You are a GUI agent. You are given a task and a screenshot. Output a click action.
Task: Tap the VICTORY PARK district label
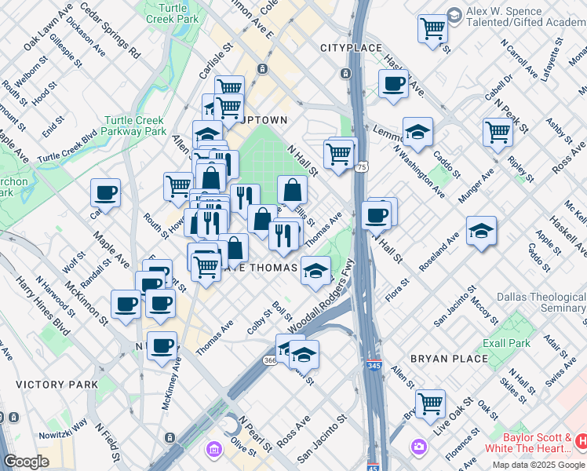coord(57,385)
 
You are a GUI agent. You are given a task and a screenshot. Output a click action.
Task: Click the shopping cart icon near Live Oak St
coord(430,404)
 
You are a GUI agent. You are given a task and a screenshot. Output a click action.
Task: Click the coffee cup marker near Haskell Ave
coord(393,83)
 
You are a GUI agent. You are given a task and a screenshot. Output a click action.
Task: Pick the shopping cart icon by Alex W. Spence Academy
coord(432,29)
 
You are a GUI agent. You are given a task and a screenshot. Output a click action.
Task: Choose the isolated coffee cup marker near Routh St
coord(105,192)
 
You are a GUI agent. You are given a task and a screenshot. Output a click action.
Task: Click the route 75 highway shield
coord(362,167)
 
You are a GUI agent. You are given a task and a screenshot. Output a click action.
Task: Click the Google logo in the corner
coord(26,462)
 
